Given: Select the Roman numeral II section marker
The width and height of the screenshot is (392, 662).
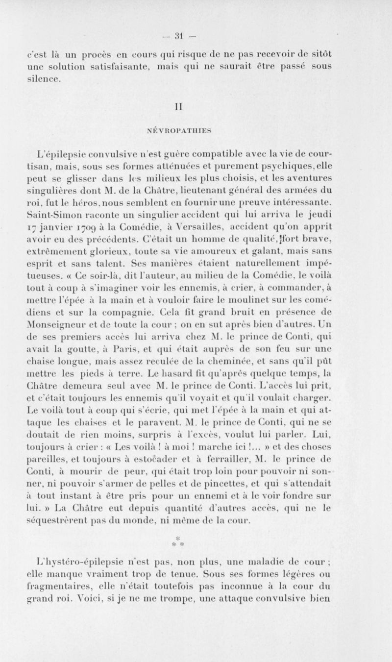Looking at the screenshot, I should pos(196,105).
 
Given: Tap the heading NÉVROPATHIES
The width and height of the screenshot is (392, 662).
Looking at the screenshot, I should pos(196,130).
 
